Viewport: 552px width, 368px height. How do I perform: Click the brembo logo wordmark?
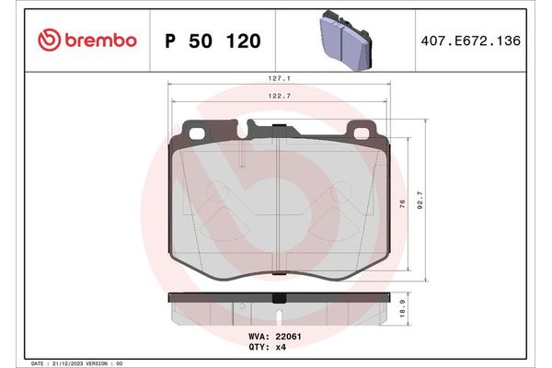pos(98,41)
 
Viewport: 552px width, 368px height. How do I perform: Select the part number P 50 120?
pos(212,41)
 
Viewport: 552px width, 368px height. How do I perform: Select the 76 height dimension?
pos(403,203)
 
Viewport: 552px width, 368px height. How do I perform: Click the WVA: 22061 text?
pos(277,338)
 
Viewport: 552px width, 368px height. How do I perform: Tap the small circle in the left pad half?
pos(217,193)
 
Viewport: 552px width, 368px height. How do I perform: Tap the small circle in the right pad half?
pos(338,193)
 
